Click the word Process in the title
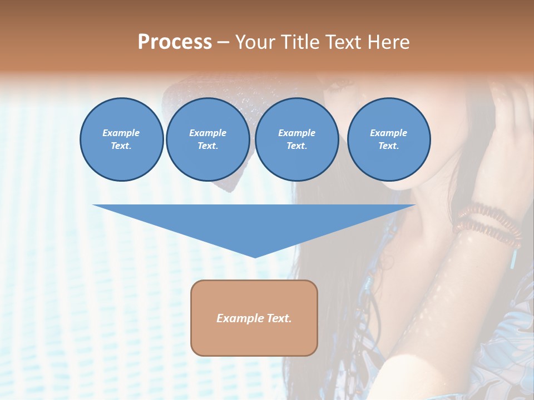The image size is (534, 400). coord(175,42)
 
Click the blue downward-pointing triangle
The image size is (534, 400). coord(254,222)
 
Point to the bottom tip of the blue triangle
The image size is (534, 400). coord(255,256)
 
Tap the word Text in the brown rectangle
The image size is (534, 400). coord(278,318)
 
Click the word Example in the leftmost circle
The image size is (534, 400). coord(121,133)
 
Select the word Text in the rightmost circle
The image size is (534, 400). coord(388,146)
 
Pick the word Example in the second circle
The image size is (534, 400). coord(207,133)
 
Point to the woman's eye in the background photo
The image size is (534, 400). coord(340,84)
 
